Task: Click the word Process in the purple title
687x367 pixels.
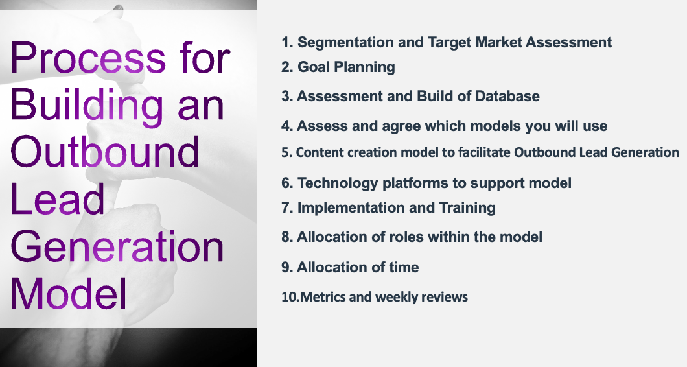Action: (88, 58)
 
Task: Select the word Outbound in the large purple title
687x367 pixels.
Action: (105, 152)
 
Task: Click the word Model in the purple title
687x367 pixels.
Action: (69, 293)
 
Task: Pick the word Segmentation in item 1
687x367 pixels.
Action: (345, 43)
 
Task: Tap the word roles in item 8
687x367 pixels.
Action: (404, 237)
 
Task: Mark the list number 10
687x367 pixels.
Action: (290, 297)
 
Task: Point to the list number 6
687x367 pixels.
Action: (287, 184)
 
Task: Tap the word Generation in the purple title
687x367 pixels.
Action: (117, 246)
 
